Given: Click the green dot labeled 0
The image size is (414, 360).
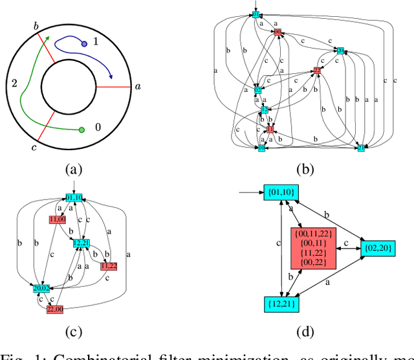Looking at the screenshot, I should pos(82,130).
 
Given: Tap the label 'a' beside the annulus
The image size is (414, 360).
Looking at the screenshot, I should pos(136,86).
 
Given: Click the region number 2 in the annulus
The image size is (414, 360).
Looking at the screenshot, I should pos(14,84).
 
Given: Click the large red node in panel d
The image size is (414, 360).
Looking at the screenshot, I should pos(312,248).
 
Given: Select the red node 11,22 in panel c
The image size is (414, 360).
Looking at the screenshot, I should pos(109,265).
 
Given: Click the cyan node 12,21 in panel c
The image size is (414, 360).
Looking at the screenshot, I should pos(82,243).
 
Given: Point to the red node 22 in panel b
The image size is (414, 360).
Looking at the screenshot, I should pos(317,69).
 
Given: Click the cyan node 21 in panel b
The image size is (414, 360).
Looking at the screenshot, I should pos(361,148).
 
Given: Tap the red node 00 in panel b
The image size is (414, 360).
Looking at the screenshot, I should pos(278,32).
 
